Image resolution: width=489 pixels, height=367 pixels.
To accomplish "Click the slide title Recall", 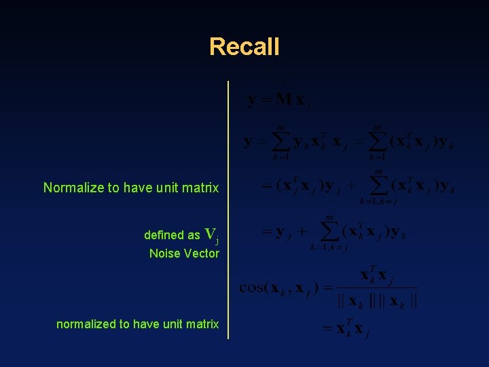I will coord(244,47).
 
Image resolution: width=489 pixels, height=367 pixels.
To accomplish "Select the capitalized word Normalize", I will coord(73,188).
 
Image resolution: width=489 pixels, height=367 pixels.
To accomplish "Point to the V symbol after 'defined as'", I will coord(210,234).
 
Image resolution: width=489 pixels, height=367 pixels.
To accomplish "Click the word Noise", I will coord(164,254).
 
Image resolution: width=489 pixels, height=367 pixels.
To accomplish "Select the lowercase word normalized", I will coord(86,324).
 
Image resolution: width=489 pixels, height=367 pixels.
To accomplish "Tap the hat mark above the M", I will coord(283,84).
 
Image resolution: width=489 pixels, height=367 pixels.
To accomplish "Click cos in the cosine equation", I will coord(254,287).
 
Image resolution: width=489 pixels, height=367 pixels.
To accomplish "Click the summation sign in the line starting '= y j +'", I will coord(329,232).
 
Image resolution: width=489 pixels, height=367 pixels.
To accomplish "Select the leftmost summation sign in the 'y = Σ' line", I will coord(280,142).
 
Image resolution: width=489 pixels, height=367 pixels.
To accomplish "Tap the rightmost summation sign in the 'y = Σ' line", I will coord(378,142).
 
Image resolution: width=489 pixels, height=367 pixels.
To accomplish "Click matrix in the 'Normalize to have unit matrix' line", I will coord(200,188).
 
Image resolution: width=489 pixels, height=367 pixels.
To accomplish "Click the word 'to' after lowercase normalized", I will coord(125,324).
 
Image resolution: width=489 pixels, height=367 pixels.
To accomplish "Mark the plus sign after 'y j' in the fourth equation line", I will coord(302,232).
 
